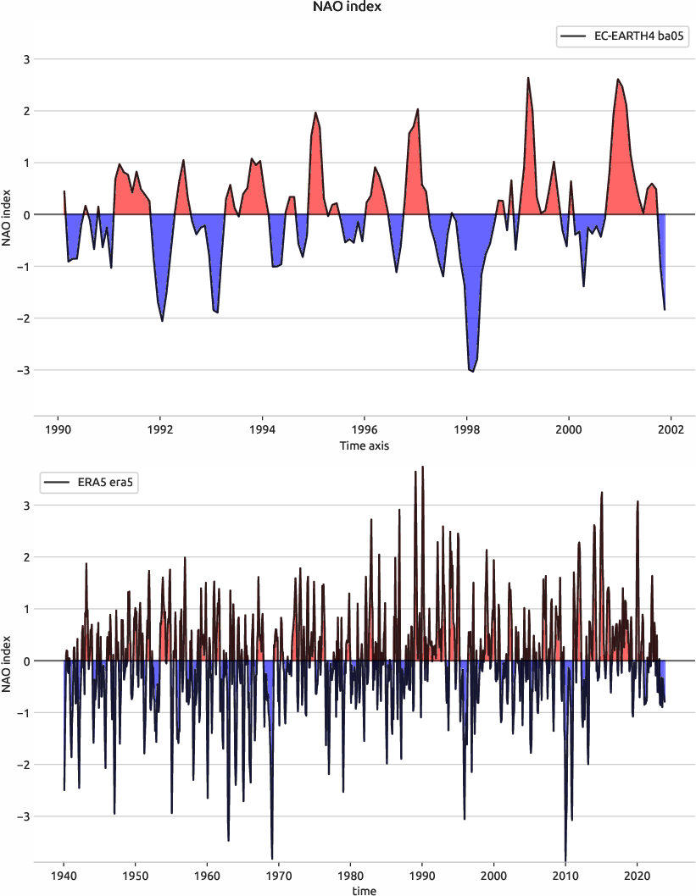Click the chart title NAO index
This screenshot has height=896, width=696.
[348, 8]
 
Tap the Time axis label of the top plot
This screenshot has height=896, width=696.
[365, 445]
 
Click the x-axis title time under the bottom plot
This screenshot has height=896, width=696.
[365, 890]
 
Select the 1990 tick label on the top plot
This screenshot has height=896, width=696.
[58, 428]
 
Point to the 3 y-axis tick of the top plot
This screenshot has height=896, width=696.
[25, 59]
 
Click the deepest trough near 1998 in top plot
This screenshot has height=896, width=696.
[472, 371]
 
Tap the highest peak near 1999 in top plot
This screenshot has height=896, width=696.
[527, 78]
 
